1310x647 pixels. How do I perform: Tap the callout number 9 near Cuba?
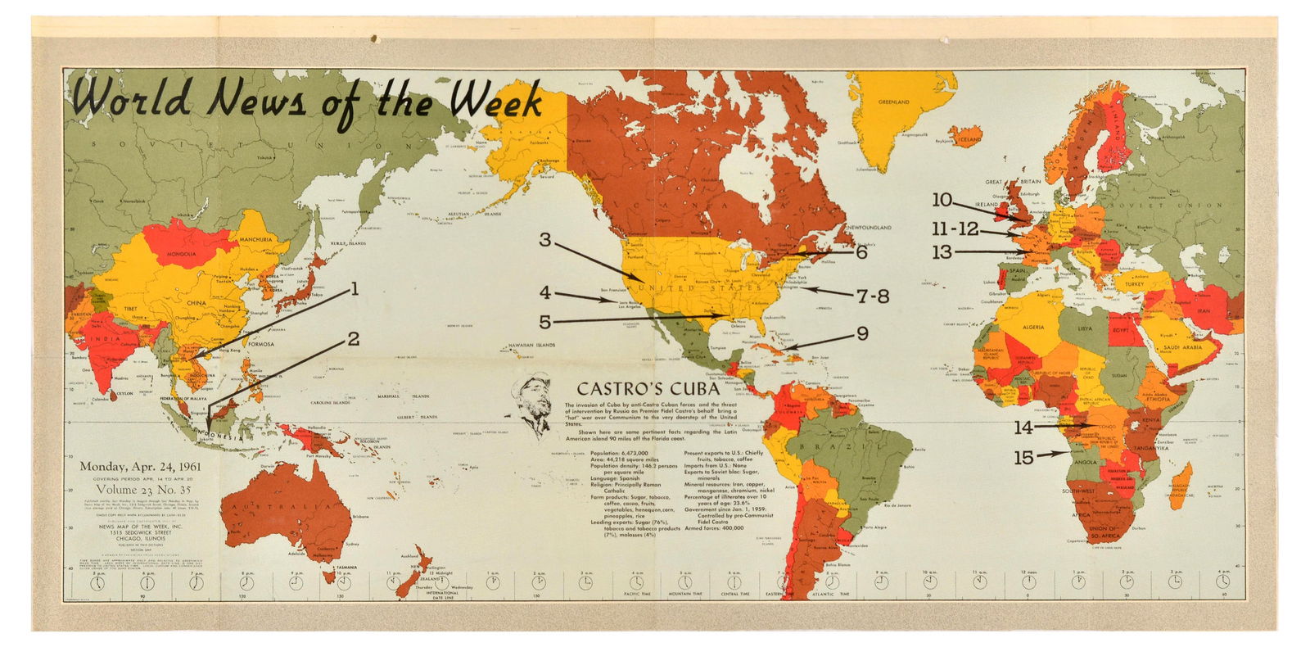pyautogui.click(x=861, y=333)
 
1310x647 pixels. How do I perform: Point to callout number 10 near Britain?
pyautogui.click(x=942, y=199)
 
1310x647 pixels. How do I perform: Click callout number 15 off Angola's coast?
pyautogui.click(x=1023, y=458)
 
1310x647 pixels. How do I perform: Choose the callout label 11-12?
pyautogui.click(x=955, y=229)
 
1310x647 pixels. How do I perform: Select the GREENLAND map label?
pyautogui.click(x=893, y=102)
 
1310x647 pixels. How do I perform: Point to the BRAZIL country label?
pyautogui.click(x=843, y=445)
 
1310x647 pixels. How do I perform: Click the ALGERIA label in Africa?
pyautogui.click(x=1032, y=327)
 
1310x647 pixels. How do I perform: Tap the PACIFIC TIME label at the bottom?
pyautogui.click(x=636, y=593)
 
